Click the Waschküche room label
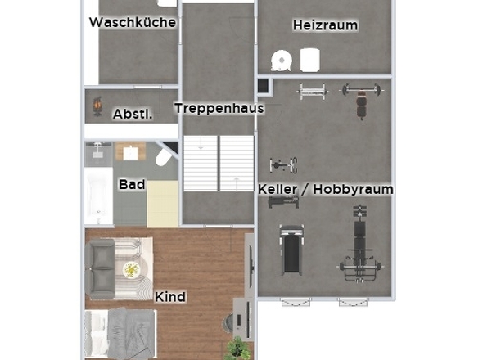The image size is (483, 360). (133, 22)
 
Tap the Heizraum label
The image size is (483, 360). (325, 25)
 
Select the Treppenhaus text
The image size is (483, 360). (219, 108)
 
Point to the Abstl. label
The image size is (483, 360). (133, 115)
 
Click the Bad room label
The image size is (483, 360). (132, 184)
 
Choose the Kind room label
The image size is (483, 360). (170, 297)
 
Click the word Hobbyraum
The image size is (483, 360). (354, 189)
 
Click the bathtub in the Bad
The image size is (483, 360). (98, 196)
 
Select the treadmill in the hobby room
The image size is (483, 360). (291, 250)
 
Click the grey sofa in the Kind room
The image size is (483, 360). (101, 269)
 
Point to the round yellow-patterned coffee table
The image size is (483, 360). (133, 269)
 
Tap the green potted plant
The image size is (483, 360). (237, 349)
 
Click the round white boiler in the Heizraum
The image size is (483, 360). (282, 61)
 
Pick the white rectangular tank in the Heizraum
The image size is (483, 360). (310, 60)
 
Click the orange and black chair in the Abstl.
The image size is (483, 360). (97, 106)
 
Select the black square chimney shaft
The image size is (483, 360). (263, 86)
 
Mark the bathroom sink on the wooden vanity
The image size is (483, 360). (131, 153)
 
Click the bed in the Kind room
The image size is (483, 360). (120, 334)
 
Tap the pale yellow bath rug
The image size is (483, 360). (163, 204)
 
